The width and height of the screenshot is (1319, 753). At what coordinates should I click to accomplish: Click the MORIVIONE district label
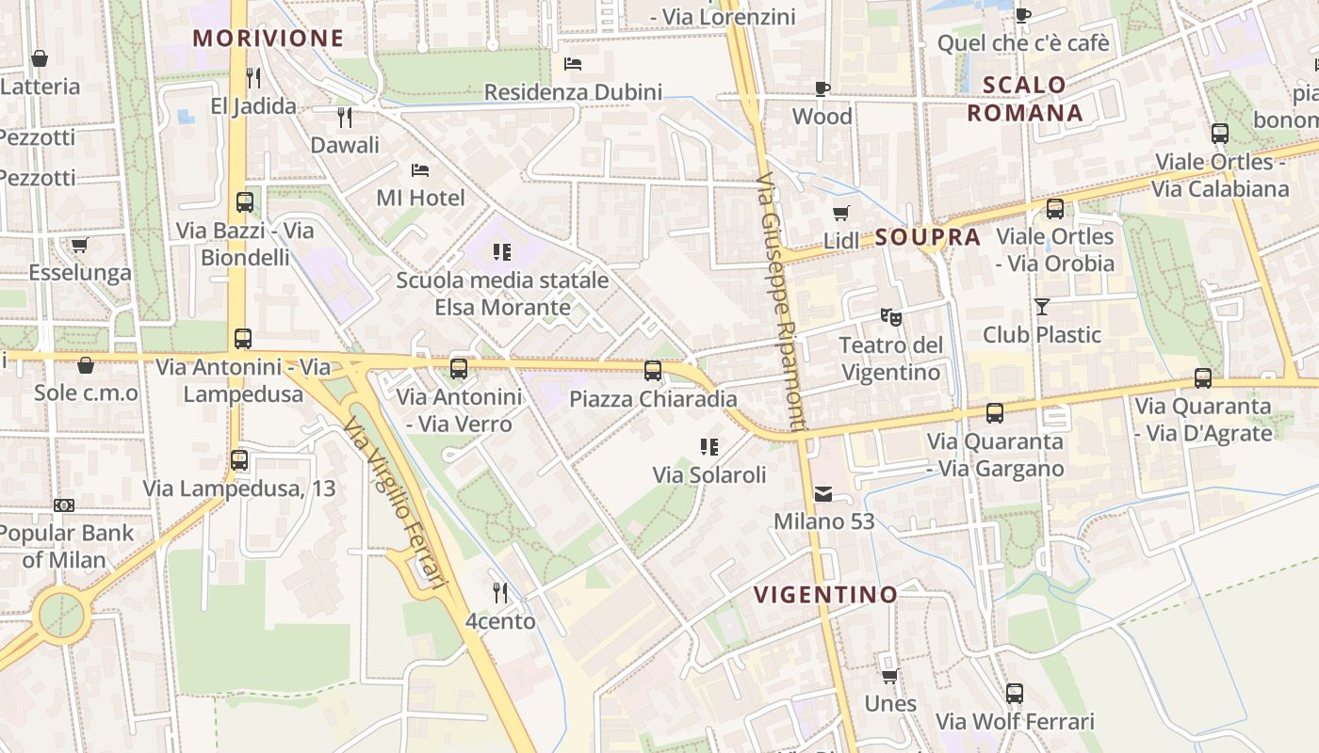click(x=269, y=39)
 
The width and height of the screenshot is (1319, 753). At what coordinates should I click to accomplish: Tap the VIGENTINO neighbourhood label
click(x=825, y=595)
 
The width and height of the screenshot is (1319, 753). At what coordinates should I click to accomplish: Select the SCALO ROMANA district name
click(x=1025, y=99)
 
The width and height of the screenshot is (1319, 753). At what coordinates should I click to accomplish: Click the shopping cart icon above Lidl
click(x=840, y=214)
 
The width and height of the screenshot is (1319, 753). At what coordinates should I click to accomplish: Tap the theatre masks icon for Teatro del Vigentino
click(x=890, y=317)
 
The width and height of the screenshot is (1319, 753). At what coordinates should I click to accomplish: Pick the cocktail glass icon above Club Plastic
click(x=1041, y=307)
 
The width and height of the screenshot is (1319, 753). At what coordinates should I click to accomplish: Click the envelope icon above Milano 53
click(x=823, y=494)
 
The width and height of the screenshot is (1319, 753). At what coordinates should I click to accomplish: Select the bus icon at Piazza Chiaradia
click(x=652, y=371)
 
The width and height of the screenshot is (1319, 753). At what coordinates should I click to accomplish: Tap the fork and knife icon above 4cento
click(x=500, y=593)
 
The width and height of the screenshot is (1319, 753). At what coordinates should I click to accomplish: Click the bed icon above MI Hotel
click(x=420, y=170)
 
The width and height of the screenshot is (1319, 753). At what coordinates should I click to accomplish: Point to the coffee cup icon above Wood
click(x=822, y=89)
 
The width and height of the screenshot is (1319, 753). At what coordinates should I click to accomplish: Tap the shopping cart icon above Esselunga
click(x=79, y=246)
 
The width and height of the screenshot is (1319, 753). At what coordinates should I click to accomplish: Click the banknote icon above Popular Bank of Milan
click(x=64, y=505)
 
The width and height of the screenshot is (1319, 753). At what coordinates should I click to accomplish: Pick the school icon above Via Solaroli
click(x=709, y=447)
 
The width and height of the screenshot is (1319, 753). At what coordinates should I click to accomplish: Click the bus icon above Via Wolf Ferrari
click(x=1014, y=694)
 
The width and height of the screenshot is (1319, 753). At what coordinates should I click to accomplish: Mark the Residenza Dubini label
click(x=573, y=92)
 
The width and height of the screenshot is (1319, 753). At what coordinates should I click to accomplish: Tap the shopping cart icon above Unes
click(x=889, y=676)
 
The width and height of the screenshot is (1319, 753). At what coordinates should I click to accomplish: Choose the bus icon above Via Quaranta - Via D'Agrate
click(x=1202, y=378)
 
